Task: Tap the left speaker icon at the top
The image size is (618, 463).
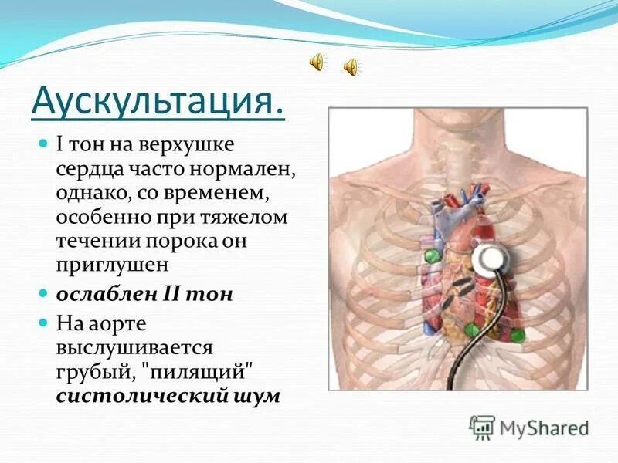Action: (317, 63)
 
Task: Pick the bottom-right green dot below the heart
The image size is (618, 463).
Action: (515, 334)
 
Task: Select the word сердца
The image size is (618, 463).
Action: (86, 168)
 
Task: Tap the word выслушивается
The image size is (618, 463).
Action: (134, 347)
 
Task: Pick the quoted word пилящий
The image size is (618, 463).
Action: (200, 372)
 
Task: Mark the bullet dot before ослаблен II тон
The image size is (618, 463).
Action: (43, 294)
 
